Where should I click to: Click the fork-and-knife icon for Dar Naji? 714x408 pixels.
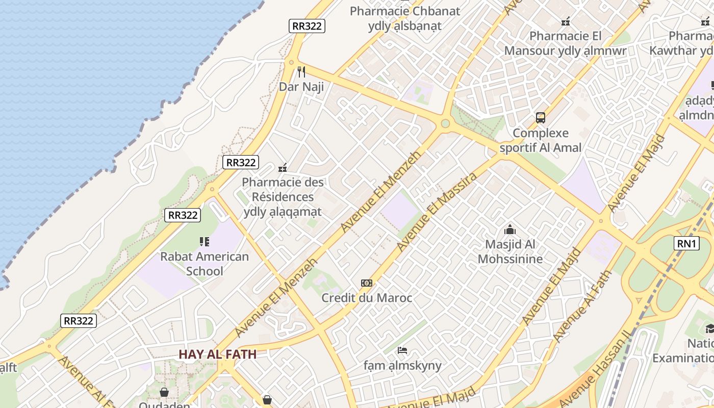(x=301, y=72)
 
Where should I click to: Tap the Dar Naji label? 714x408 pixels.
(x=301, y=87)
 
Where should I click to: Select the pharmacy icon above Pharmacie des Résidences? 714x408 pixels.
(x=283, y=167)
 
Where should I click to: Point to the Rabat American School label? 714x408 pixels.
(x=205, y=263)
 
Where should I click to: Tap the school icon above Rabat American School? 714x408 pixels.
(x=205, y=242)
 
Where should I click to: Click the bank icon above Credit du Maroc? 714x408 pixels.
(x=367, y=283)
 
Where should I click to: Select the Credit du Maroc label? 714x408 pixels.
(x=367, y=298)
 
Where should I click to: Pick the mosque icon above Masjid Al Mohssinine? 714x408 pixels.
(x=510, y=230)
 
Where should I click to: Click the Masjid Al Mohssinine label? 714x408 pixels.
(x=510, y=252)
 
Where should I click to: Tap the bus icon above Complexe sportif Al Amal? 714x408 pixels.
(x=541, y=118)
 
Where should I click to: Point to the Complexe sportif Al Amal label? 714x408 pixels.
(x=541, y=140)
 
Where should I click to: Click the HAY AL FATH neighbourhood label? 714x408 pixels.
(x=217, y=354)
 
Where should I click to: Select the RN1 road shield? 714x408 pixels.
(x=686, y=244)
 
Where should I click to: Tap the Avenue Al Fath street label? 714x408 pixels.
(x=582, y=307)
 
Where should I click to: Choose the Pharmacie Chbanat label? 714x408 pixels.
(x=405, y=11)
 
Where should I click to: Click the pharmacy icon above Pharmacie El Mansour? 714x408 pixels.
(x=566, y=21)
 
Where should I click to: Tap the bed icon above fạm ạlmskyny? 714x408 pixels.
(x=402, y=350)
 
